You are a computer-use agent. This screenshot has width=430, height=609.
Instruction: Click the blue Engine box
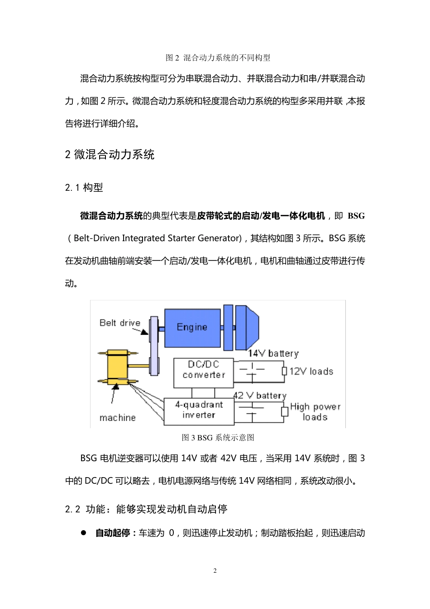[192, 328]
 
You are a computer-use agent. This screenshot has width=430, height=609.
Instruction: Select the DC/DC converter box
[204, 373]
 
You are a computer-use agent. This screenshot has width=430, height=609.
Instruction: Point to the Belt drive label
[120, 323]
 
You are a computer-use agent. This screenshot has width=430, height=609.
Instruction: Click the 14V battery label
[273, 353]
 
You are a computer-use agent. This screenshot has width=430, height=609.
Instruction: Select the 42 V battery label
[260, 396]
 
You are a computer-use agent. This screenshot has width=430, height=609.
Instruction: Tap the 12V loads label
[311, 372]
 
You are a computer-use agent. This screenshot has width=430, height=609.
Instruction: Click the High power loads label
[315, 411]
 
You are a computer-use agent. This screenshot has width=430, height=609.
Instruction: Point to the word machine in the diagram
[117, 418]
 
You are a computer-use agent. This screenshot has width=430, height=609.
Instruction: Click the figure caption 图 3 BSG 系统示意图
[218, 438]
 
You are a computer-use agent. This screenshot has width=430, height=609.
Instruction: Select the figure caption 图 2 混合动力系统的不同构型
[218, 58]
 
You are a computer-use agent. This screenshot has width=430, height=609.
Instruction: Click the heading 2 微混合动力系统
[110, 155]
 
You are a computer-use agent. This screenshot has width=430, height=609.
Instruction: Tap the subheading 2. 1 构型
[84, 188]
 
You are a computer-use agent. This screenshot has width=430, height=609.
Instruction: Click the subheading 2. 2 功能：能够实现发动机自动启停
[146, 509]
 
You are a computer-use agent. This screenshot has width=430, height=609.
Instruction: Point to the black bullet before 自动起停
[83, 533]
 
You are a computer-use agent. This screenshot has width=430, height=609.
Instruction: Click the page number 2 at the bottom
[215, 570]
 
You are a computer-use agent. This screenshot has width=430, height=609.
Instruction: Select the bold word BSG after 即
[356, 216]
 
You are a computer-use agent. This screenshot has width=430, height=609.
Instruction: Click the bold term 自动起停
[112, 533]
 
